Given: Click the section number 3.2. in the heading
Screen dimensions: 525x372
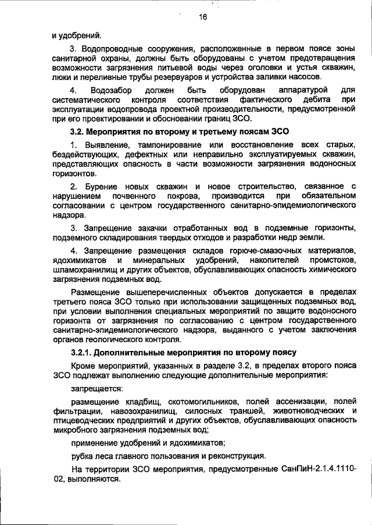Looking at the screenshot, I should [x=78, y=132].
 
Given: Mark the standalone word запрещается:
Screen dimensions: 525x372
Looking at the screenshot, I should [x=93, y=388].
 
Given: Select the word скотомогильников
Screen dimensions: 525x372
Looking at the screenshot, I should [x=202, y=401].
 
